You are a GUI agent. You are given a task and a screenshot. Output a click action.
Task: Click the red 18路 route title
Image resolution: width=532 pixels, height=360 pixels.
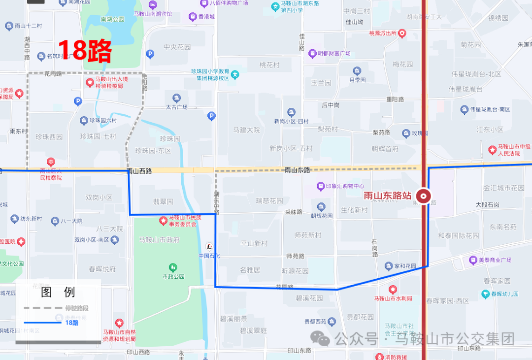pyautogui.click(x=85, y=49)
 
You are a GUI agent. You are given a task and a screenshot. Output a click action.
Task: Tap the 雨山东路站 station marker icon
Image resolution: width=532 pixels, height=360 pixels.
pyautogui.click(x=423, y=196)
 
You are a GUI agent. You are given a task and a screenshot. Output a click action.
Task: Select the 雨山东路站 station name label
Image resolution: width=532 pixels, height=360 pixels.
pyautogui.click(x=388, y=196)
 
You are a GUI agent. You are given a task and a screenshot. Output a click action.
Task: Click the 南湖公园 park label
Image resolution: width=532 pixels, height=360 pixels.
pyautogui.click(x=112, y=19)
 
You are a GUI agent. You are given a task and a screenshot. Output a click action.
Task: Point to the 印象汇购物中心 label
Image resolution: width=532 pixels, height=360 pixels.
pyautogui.click(x=345, y=186)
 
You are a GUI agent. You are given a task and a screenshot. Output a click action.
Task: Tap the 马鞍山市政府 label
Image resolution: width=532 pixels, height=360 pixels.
pyautogui.click(x=159, y=240)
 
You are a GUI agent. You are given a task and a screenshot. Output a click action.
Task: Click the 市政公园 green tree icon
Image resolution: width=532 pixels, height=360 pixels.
pyautogui.click(x=173, y=267)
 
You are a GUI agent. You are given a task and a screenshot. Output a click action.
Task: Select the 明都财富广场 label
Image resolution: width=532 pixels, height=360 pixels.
pyautogui.click(x=333, y=53)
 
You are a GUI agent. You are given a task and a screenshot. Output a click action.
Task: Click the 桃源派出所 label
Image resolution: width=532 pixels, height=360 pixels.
pyautogui.click(x=383, y=33)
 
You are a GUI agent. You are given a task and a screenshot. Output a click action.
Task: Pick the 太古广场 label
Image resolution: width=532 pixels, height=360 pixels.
pyautogui.click(x=176, y=107)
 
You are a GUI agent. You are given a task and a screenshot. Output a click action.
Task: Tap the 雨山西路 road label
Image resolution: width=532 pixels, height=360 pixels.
pyautogui.click(x=139, y=171)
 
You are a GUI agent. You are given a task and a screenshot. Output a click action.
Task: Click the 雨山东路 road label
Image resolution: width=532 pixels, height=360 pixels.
pyautogui.click(x=298, y=170)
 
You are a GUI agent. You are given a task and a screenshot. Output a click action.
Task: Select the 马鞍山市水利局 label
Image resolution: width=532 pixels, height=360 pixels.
pyautogui.click(x=393, y=298)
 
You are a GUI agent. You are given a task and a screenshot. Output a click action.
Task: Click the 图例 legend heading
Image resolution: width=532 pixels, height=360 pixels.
pyautogui.click(x=58, y=292)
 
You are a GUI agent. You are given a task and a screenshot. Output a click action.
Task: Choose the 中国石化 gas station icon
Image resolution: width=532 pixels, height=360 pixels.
pyautogui.click(x=209, y=246)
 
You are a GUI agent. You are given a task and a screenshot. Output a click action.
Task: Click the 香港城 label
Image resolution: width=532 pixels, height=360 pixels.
pyautogui.click(x=205, y=17)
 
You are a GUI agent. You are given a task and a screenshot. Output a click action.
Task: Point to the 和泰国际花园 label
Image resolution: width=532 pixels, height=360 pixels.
pyautogui.click(x=459, y=235)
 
